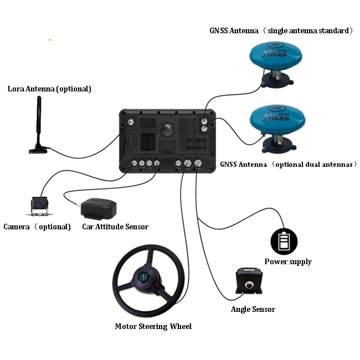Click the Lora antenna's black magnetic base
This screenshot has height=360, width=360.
[38, 148]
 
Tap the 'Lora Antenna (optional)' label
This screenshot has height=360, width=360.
[49, 89]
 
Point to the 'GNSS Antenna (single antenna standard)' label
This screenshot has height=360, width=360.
[281, 30]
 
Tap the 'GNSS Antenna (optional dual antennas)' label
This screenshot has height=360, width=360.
[289, 164]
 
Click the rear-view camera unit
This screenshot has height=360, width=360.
[38, 206]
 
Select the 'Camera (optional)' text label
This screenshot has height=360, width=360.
[37, 227]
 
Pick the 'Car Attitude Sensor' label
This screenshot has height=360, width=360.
[115, 227]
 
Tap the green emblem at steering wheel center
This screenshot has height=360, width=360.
[144, 277]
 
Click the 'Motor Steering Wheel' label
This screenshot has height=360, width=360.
[153, 326]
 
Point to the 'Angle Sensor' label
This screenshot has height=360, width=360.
[253, 309]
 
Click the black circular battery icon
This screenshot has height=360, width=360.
[284, 241]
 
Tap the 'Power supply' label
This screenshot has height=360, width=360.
[288, 261]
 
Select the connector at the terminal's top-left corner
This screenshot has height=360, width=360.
[131, 122]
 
